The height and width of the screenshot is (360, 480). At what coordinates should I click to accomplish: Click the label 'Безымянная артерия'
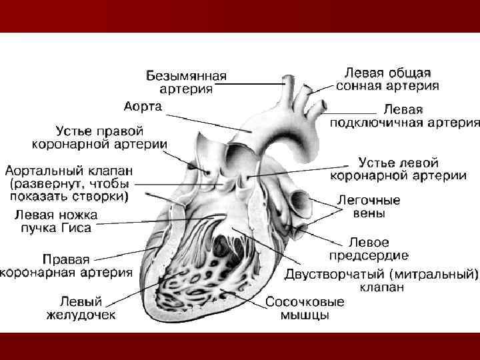[187, 82]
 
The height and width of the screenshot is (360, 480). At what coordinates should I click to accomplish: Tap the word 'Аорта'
[143, 107]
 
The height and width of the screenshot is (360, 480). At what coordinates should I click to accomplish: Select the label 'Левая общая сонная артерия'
[387, 79]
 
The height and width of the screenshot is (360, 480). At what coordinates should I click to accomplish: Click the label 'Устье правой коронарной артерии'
[101, 137]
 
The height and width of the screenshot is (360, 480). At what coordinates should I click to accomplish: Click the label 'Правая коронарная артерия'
[67, 265]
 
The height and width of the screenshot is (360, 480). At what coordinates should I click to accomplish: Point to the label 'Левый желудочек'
[81, 307]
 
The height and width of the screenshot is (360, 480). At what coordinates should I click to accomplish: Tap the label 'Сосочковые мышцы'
[305, 308]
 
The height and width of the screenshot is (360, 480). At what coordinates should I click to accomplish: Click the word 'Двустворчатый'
[335, 274]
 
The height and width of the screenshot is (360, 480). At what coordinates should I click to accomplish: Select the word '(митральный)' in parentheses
[434, 274]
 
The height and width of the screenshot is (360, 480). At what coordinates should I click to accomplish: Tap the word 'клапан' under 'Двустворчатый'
[381, 288]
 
